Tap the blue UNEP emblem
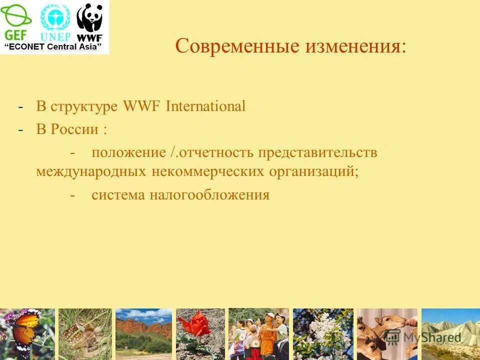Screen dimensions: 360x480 click(x=55, y=22)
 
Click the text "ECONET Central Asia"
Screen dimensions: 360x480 click(x=56, y=47)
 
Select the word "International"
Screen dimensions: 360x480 click(x=205, y=106)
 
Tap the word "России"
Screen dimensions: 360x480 click(x=74, y=129)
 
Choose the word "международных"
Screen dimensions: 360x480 click(x=91, y=171)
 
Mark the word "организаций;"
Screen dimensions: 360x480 click(x=314, y=171)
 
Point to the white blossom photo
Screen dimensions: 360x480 click(x=322, y=333)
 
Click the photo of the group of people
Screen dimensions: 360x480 click(x=258, y=333)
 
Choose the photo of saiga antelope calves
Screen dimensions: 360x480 click(x=386, y=333)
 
